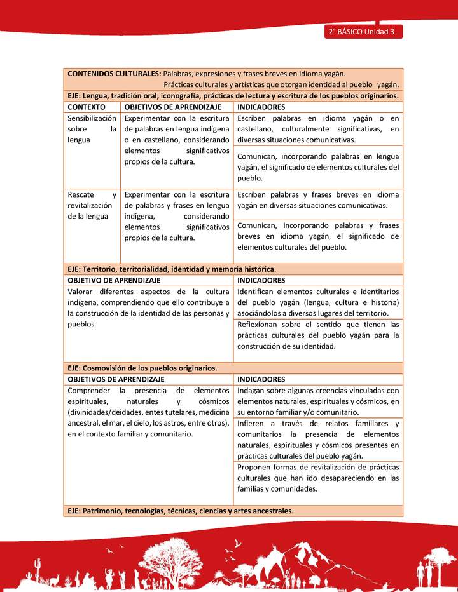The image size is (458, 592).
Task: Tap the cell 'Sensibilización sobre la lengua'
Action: pos(92,129)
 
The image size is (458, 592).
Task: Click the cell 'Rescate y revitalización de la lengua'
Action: pos(92,205)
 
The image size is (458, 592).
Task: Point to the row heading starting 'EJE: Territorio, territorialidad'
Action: pos(172,269)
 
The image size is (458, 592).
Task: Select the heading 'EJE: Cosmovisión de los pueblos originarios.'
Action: pos(142,368)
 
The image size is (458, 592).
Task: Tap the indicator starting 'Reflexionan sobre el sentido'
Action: pos(318,335)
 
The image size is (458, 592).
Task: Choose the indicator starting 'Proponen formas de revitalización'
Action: pos(318,478)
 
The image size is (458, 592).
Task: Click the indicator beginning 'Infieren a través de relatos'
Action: pos(318,440)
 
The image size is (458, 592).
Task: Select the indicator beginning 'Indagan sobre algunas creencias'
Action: pos(318,401)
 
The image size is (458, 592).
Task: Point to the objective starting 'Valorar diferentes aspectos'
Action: pos(148,302)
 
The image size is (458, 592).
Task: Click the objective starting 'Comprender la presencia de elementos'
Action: pos(148,412)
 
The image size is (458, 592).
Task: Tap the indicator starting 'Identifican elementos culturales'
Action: pos(318,302)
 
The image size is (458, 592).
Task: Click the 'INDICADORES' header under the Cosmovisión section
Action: pos(261,379)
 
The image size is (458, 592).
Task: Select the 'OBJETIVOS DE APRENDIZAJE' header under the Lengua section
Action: pos(172,107)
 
